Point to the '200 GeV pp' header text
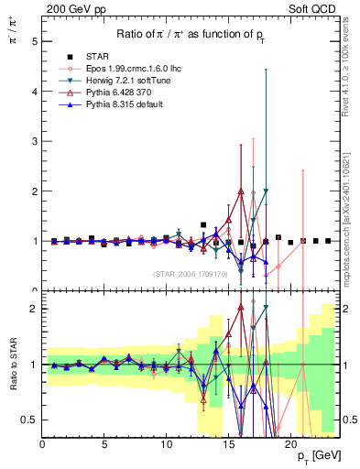[72, 9]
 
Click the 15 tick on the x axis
[228, 442]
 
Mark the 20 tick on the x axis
[289, 442]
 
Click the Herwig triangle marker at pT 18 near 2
[266, 191]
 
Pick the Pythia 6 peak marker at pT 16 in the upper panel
[241, 191]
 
